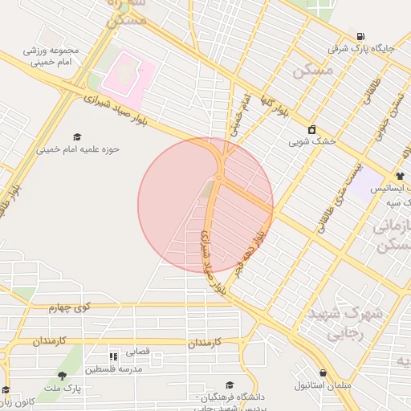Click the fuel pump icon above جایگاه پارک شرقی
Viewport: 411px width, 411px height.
(x=360, y=36)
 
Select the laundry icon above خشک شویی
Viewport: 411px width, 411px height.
(x=311, y=130)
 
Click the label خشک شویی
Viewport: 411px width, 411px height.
(x=311, y=142)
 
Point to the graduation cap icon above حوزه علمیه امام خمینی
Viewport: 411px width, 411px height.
(x=77, y=136)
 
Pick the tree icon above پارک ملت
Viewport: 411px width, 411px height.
(x=63, y=376)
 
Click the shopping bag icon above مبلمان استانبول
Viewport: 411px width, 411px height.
(x=323, y=373)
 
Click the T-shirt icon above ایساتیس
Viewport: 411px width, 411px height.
(x=399, y=176)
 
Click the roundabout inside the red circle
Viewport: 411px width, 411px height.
(x=218, y=177)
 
